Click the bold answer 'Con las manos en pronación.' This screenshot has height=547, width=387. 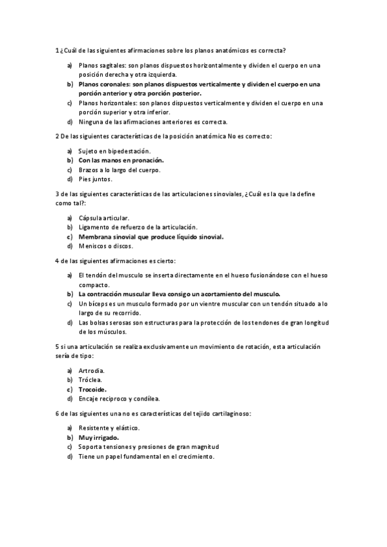point(121,160)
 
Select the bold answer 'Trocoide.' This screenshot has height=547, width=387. point(92,389)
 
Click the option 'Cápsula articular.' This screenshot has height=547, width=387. point(103,218)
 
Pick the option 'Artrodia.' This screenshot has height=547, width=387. point(92,371)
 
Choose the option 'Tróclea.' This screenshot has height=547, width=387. point(91,380)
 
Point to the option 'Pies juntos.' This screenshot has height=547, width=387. point(96,179)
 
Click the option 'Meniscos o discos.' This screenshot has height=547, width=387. point(106,246)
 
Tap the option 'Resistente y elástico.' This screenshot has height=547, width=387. point(109,428)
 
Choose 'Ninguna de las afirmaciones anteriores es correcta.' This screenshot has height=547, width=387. point(152,121)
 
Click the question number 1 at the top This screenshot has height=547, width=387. point(58,50)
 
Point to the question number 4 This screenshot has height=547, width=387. point(58,261)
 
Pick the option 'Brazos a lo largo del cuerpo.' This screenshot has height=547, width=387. point(120,170)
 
